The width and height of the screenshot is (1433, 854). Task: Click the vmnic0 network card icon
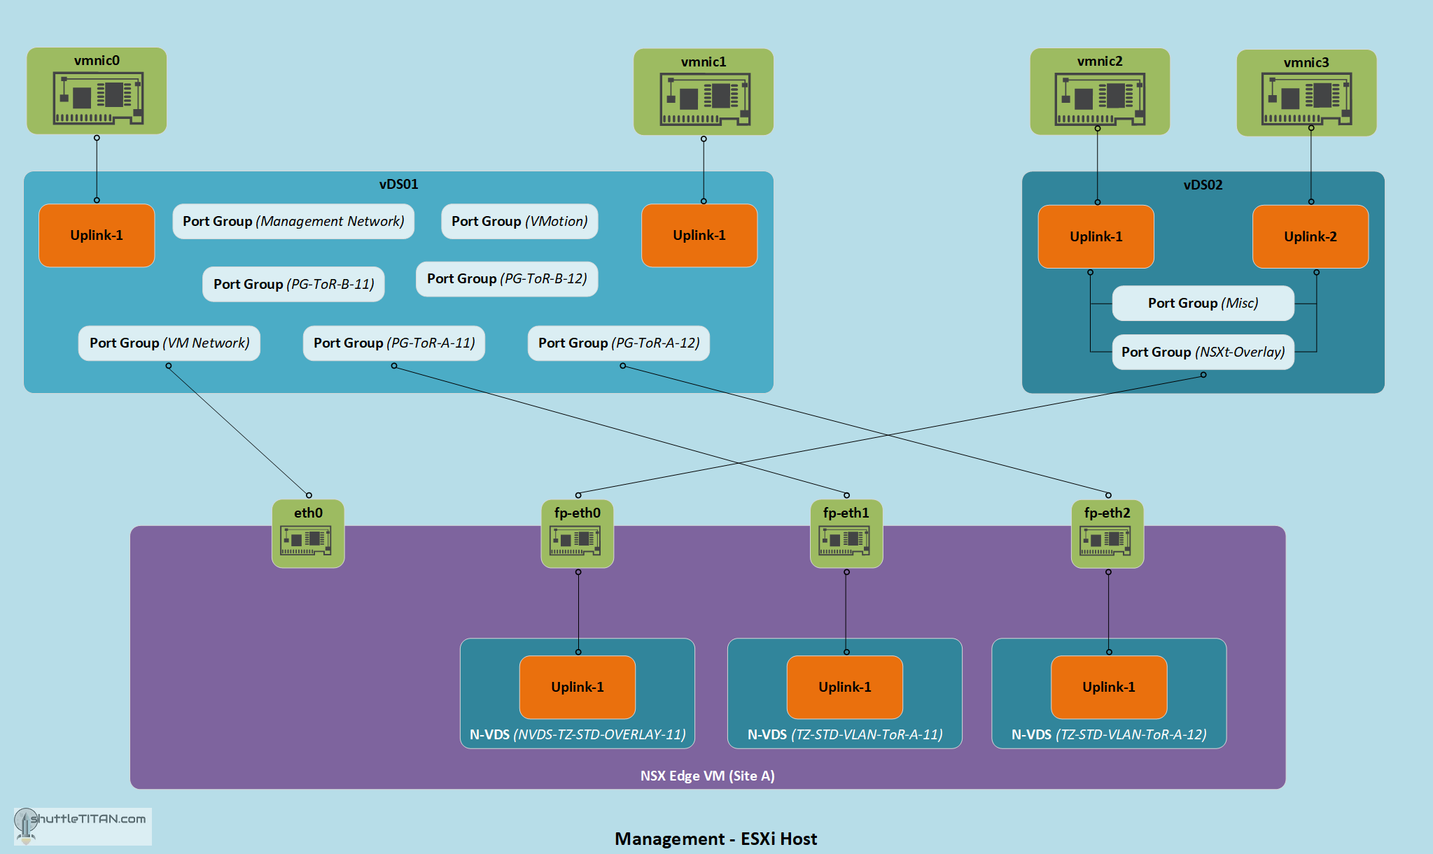(x=98, y=98)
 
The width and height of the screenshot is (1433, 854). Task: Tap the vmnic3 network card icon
(x=1306, y=99)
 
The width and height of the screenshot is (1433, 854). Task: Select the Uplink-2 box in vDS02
(x=1310, y=236)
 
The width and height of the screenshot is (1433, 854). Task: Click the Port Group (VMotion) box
(x=519, y=221)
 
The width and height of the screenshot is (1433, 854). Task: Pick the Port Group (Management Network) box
(x=293, y=221)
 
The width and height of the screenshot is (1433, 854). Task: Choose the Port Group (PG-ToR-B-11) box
(x=293, y=284)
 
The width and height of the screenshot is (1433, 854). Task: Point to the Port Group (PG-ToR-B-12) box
(x=507, y=278)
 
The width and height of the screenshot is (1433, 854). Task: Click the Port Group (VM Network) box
(x=169, y=343)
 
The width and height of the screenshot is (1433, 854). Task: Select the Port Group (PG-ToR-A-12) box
(x=619, y=343)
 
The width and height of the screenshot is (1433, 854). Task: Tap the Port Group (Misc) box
(x=1203, y=303)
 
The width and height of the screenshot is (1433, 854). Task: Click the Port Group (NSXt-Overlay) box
(x=1203, y=352)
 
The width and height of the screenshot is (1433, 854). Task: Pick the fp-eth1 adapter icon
(x=846, y=539)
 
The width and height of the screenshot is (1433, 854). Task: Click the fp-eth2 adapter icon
(x=1107, y=539)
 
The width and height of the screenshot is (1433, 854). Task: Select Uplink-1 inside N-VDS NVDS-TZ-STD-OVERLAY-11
(x=578, y=687)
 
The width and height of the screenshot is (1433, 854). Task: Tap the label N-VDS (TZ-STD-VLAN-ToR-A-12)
(x=1109, y=734)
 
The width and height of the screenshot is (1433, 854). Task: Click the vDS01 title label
(x=398, y=184)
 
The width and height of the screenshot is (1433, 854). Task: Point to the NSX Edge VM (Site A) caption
(x=707, y=776)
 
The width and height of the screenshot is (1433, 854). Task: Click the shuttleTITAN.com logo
(x=83, y=825)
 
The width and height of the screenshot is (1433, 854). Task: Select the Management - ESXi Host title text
(x=715, y=839)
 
